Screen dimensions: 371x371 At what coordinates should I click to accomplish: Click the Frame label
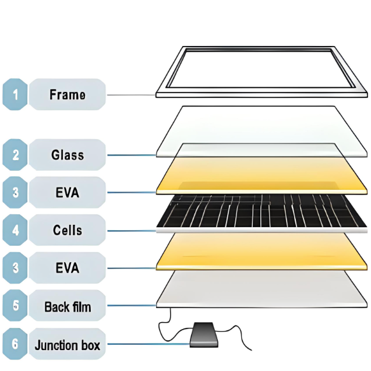pyautogui.click(x=67, y=94)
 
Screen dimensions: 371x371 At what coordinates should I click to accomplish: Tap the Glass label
pyautogui.click(x=67, y=155)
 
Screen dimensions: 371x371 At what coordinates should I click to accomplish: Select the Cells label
pyautogui.click(x=67, y=230)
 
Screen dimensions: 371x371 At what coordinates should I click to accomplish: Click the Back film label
pyautogui.click(x=67, y=306)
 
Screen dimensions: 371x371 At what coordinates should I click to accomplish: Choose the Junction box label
pyautogui.click(x=67, y=345)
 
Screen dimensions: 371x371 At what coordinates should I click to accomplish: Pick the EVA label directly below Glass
pyautogui.click(x=67, y=192)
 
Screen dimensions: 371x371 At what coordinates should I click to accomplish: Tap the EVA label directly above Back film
pyautogui.click(x=67, y=268)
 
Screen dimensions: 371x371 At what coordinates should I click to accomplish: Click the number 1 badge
pyautogui.click(x=15, y=94)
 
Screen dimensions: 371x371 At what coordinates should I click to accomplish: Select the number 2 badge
pyautogui.click(x=15, y=155)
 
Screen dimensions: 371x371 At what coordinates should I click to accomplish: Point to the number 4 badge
pyautogui.click(x=15, y=230)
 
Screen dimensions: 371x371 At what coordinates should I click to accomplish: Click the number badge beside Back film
pyautogui.click(x=15, y=306)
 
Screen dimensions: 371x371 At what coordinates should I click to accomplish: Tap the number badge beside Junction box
pyautogui.click(x=15, y=345)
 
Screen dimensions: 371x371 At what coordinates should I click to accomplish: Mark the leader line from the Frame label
pyautogui.click(x=131, y=95)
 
